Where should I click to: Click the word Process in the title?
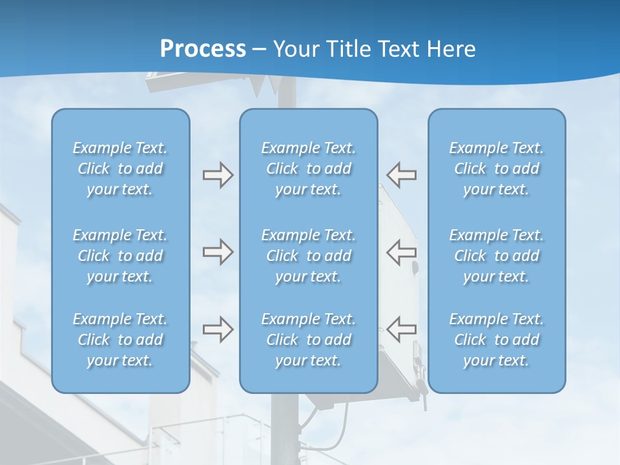[203, 49]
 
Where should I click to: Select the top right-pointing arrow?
[218, 175]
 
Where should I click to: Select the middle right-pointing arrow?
[218, 252]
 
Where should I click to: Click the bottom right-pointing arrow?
[218, 329]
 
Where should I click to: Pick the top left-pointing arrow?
[401, 175]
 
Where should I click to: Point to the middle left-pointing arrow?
[401, 252]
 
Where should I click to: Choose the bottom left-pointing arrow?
[401, 329]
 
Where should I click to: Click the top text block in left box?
[120, 169]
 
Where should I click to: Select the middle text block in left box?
[120, 256]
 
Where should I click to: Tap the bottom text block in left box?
[120, 340]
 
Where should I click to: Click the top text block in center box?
[308, 169]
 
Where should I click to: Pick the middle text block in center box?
[308, 256]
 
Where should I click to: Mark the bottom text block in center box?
[308, 340]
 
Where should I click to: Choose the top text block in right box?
[496, 169]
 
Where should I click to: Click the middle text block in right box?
[496, 256]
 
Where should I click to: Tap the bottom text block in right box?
[496, 340]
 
